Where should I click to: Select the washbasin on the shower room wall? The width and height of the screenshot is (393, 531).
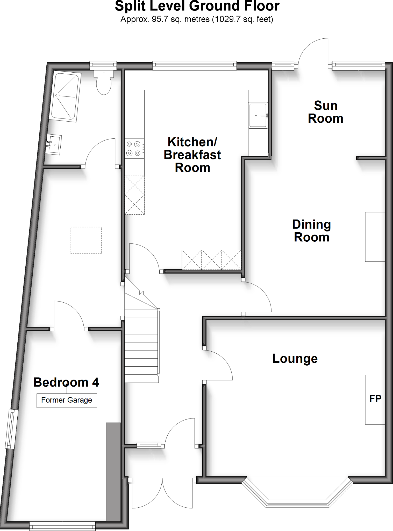pos(54,145)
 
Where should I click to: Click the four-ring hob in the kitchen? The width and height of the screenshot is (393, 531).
pos(134,149)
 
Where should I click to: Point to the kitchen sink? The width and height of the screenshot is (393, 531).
pos(258,115)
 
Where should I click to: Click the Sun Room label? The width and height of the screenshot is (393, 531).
pos(325,112)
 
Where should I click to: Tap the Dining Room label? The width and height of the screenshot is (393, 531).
pos(311,231)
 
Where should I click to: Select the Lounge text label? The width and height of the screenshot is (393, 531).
pos(295,359)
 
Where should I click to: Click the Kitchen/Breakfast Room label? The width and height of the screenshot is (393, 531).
pos(192,155)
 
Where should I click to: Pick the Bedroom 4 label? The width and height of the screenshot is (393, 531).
pos(66,382)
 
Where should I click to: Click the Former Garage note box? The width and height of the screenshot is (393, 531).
pos(67,400)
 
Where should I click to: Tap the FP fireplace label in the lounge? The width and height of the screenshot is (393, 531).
pos(375,399)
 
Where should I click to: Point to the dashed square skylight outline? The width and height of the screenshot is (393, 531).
pos(86,240)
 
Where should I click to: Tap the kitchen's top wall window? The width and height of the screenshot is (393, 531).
pos(194,66)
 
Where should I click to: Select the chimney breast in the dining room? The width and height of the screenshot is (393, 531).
pos(375,237)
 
